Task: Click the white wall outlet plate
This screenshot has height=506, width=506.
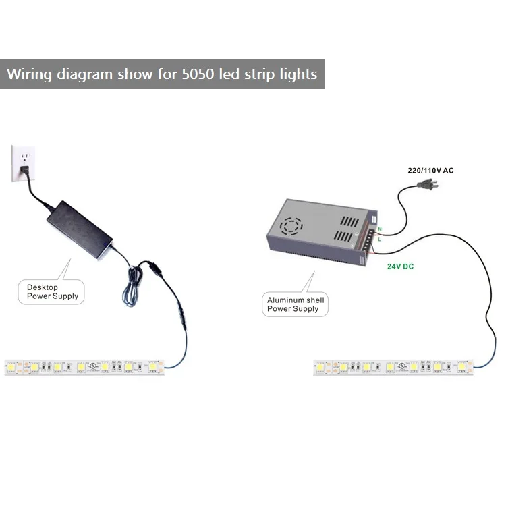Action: [22, 164]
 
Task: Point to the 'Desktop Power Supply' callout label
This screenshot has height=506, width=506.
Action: [52, 291]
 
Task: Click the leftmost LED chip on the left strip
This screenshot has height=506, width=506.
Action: [13, 367]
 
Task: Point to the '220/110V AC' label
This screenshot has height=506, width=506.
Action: [430, 171]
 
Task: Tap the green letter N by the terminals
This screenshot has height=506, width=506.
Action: [380, 229]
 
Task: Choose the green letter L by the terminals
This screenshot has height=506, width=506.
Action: [380, 239]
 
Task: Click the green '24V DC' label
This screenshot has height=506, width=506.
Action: [400, 266]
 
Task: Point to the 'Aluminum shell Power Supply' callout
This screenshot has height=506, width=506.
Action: [296, 304]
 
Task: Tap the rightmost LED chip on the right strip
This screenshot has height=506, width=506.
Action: [462, 367]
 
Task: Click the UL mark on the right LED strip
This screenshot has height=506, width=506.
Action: [403, 365]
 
